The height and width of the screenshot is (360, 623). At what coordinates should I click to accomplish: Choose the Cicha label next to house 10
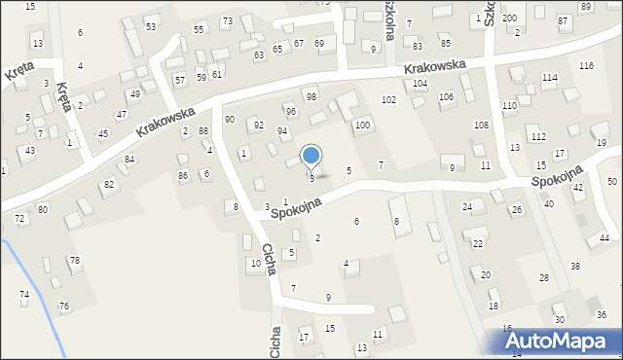click(270, 255)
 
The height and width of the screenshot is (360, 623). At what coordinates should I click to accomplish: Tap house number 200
click(509, 18)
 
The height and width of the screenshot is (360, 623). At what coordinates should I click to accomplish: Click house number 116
click(586, 65)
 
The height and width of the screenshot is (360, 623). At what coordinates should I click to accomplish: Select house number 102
click(388, 99)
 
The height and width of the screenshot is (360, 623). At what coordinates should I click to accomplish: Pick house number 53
click(151, 26)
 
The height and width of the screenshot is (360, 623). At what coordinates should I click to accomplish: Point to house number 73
click(227, 21)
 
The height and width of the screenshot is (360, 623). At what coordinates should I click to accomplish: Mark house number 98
click(311, 97)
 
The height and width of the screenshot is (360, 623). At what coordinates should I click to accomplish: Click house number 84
click(128, 159)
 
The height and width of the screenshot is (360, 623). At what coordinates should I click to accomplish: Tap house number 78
click(74, 260)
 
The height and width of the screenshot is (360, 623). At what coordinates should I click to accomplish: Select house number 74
click(24, 294)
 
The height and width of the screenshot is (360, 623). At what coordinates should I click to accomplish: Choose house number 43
click(30, 150)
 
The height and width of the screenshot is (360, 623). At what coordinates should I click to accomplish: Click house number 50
click(611, 182)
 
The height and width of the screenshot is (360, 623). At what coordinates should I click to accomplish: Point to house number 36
click(602, 314)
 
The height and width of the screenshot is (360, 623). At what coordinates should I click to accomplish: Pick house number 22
click(477, 243)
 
